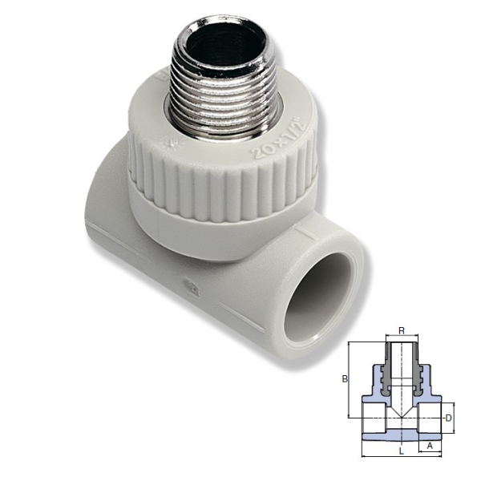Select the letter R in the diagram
click(400, 330)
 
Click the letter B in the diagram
click(344, 379)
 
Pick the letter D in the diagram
click(449, 418)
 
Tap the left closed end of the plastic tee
click(100, 192)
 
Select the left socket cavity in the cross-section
click(373, 418)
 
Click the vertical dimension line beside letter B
click(350, 379)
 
